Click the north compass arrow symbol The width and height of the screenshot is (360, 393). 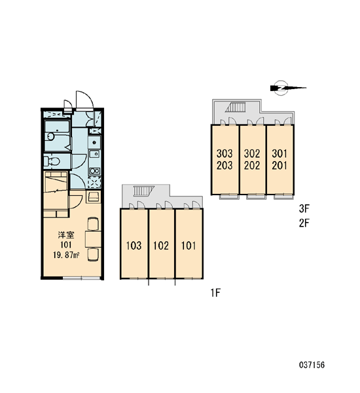coord(287,88)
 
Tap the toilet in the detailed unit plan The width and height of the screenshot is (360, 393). coord(52,161)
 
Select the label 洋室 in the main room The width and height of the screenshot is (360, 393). coord(66,235)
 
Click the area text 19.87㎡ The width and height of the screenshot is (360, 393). coord(66,255)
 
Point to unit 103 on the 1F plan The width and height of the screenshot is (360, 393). coord(134,246)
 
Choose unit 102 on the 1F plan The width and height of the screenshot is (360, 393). coord(161,246)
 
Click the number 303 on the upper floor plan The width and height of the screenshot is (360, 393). coord(225,153)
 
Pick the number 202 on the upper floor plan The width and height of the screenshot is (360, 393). coord(252,166)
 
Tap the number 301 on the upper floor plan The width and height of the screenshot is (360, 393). coord(279,153)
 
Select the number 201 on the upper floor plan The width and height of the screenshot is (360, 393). coord(279,166)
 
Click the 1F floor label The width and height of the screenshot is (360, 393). coord(215,293)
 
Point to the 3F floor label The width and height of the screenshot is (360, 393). coord(304,208)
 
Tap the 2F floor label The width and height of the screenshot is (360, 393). coord(304,223)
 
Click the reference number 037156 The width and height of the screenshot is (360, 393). coord(312,365)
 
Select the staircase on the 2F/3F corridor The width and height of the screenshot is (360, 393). coord(235,107)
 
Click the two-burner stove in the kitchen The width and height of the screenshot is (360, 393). coord(95,171)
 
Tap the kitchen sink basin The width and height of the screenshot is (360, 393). coord(94,154)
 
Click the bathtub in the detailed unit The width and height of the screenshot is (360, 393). coord(58,136)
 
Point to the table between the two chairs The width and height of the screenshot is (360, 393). coord(93,239)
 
